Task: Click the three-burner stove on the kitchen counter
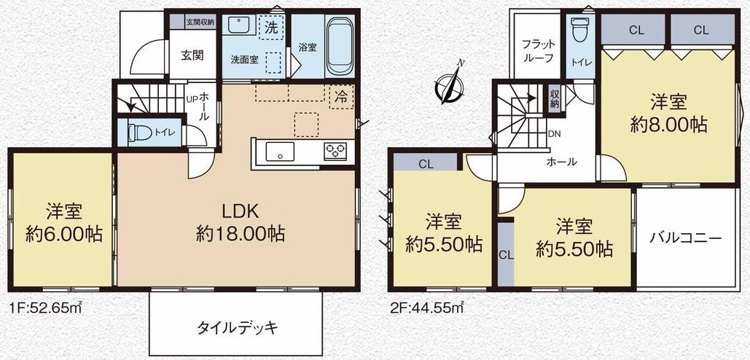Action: (335, 151)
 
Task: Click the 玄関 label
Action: (192, 55)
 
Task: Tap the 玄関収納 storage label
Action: (200, 21)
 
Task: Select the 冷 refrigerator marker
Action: (342, 96)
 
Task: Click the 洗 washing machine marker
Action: (270, 28)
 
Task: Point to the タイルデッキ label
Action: (238, 327)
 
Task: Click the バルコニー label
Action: (685, 238)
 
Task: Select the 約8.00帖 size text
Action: (668, 125)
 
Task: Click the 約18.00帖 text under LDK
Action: (241, 234)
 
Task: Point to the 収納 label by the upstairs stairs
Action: (554, 99)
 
